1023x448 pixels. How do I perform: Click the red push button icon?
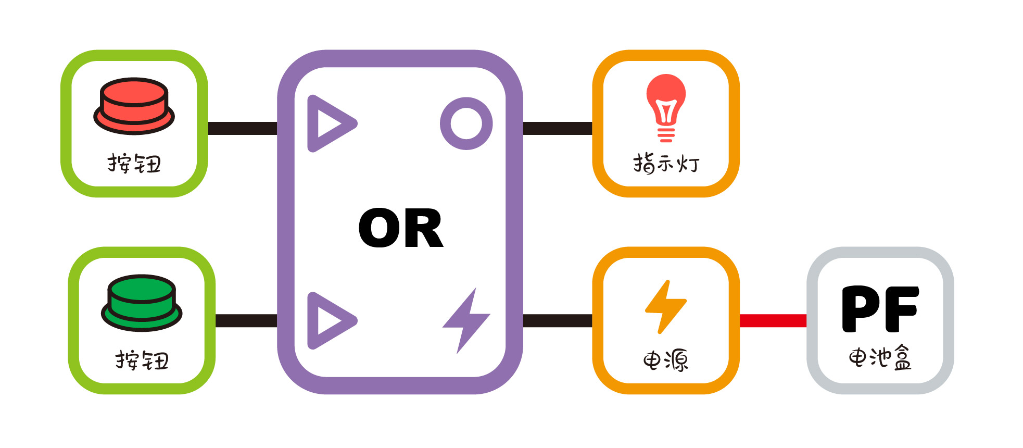click(134, 106)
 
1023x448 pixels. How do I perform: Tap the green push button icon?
click(142, 302)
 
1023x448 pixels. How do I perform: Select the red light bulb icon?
click(666, 107)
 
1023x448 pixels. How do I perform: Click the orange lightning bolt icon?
click(665, 306)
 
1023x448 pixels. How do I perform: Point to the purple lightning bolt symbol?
click(466, 320)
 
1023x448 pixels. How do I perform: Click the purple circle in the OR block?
click(466, 123)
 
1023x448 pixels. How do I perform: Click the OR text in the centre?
click(401, 228)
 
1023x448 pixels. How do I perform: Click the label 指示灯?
click(666, 164)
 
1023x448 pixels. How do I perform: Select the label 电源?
click(665, 360)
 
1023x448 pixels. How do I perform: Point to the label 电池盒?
click(880, 358)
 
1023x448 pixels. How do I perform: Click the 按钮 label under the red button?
click(134, 164)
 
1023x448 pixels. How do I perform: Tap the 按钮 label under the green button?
click(142, 360)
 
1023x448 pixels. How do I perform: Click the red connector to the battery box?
click(773, 320)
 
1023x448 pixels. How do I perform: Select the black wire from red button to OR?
click(243, 128)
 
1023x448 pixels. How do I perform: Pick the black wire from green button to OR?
click(246, 320)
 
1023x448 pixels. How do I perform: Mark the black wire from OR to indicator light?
click(558, 128)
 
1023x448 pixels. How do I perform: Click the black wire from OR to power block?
click(558, 320)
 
